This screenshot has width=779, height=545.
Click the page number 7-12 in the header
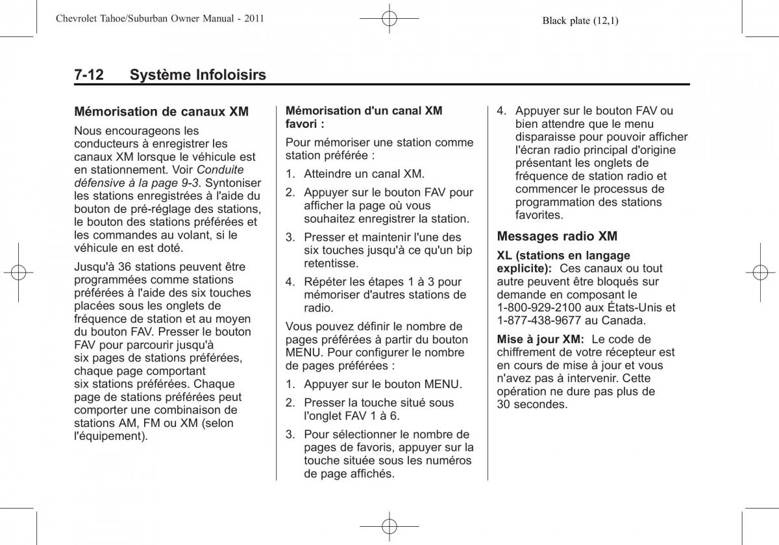pos(88,75)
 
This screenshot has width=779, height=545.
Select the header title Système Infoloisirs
pos(197,75)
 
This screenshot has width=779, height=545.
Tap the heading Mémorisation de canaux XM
pos(161,112)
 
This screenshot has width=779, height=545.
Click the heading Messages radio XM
pos(557,236)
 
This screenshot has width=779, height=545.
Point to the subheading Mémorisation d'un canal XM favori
pos(364,117)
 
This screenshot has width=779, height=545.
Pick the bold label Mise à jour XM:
pos(541,339)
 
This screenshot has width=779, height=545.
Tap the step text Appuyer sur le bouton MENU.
pos(383,384)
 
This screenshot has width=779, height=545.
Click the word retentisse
pos(331,263)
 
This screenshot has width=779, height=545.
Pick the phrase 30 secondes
pos(532,404)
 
